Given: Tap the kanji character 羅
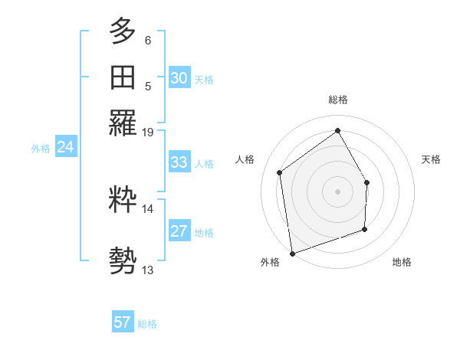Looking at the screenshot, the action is click(x=123, y=121).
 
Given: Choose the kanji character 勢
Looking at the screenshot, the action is click(x=123, y=260).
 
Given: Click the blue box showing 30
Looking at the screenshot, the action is click(x=179, y=78).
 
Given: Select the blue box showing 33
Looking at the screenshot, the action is click(x=179, y=162).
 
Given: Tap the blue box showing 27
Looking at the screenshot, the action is click(x=179, y=231).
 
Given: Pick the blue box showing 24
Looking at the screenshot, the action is click(x=65, y=148).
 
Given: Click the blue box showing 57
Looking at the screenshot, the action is click(x=123, y=322).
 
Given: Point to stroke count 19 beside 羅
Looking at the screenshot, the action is click(x=148, y=132).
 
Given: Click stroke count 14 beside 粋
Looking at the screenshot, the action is click(x=148, y=208).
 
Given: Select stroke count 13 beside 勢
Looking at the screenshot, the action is click(x=148, y=270).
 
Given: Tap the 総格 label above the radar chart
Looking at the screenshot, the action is click(x=337, y=100).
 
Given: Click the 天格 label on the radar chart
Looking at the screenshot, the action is click(x=431, y=159).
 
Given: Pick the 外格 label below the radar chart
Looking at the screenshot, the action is click(x=270, y=263).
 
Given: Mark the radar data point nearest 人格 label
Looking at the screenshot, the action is click(x=280, y=172).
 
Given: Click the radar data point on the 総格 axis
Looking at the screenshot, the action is click(x=337, y=130).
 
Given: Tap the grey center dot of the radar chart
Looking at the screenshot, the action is click(x=337, y=191).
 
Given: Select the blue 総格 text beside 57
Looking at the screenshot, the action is click(x=147, y=324).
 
